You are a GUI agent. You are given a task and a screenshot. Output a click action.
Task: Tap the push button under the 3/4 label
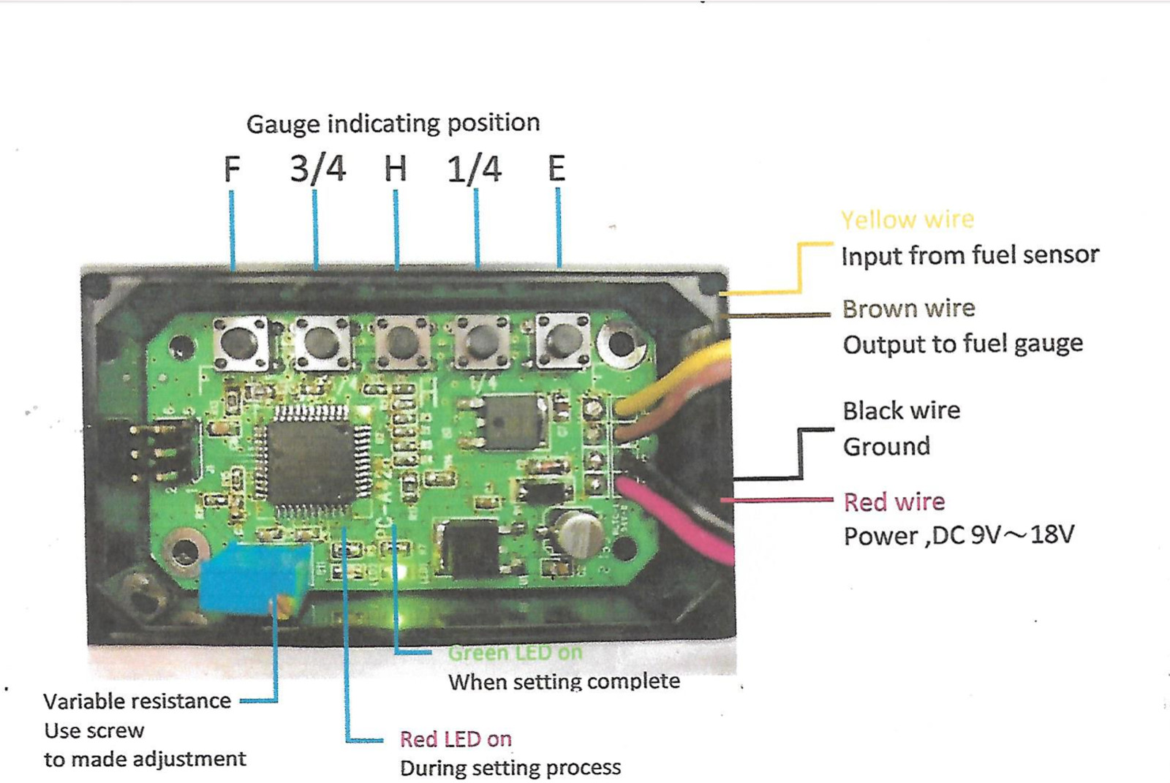click(321, 342)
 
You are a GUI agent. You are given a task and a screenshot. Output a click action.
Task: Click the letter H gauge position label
click(396, 169)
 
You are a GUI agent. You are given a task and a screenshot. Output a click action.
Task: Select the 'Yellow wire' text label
click(907, 219)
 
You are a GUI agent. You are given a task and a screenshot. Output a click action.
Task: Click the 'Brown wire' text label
click(908, 309)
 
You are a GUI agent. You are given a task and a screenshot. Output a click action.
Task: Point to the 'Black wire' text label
click(901, 411)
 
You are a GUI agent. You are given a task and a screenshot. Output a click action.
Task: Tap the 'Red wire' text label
click(894, 502)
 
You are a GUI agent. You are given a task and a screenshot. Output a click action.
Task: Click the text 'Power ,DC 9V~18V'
click(958, 536)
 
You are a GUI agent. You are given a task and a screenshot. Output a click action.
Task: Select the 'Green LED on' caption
click(515, 652)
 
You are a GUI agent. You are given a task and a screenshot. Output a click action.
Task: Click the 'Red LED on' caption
click(455, 739)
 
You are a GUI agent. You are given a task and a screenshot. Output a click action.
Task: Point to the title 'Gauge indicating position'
click(393, 124)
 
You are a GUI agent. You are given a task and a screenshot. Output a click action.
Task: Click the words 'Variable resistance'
click(137, 701)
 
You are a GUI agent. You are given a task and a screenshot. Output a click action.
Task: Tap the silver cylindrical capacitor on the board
click(579, 531)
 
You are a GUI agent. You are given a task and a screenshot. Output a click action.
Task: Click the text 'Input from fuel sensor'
click(970, 255)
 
